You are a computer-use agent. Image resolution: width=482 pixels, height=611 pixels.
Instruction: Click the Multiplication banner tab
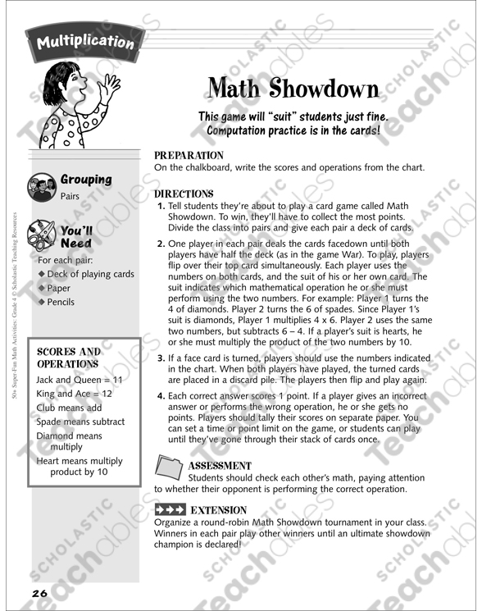pyautogui.click(x=84, y=40)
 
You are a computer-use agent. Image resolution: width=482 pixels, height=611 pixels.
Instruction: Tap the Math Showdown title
pyautogui.click(x=293, y=88)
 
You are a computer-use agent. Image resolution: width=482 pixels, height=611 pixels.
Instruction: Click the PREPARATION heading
pyautogui.click(x=188, y=155)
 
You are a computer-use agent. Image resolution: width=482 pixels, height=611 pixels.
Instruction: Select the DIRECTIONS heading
pyautogui.click(x=184, y=194)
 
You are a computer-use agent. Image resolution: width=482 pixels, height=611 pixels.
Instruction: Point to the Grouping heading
pyautogui.click(x=85, y=179)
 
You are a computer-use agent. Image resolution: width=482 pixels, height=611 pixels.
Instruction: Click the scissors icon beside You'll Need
pyautogui.click(x=40, y=234)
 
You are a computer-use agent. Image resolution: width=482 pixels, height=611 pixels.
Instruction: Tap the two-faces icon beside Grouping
pyautogui.click(x=40, y=185)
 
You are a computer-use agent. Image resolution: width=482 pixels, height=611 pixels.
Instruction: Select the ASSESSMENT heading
pyautogui.click(x=220, y=465)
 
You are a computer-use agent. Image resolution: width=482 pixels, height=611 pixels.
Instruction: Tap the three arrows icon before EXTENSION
pyautogui.click(x=169, y=510)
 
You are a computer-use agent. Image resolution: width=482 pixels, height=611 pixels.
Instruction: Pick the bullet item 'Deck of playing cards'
pyautogui.click(x=90, y=274)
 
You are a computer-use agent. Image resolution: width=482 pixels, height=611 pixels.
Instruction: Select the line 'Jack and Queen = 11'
pyautogui.click(x=79, y=380)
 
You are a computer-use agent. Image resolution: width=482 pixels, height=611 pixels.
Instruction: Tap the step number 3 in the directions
pyautogui.click(x=160, y=358)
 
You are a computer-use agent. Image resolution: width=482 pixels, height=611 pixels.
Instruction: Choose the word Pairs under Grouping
pyautogui.click(x=70, y=196)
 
